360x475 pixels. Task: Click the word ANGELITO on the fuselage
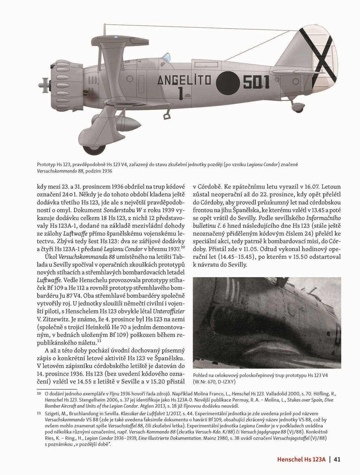[x=184, y=81]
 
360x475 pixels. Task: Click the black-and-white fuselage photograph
[x=267, y=322]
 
